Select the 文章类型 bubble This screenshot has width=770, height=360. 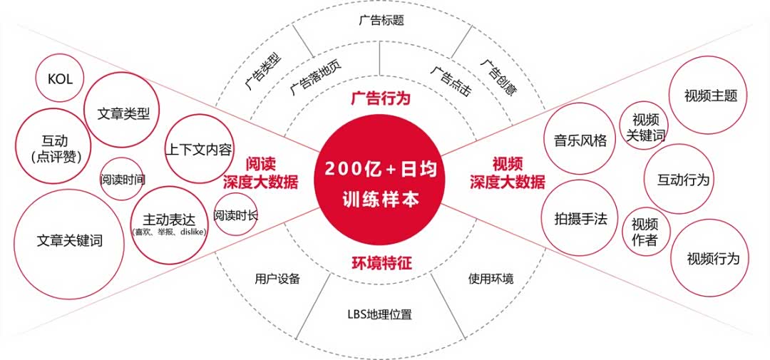(x=122, y=113)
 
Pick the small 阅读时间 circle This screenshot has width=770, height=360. (x=122, y=179)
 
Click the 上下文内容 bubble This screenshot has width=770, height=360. (x=199, y=150)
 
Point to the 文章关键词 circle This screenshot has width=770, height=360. (x=69, y=241)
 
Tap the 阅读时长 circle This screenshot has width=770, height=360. (x=235, y=215)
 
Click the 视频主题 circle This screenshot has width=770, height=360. (x=710, y=96)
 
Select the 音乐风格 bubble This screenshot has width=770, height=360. (x=580, y=140)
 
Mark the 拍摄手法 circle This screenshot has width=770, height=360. (x=580, y=219)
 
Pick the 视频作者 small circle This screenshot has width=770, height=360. (x=645, y=232)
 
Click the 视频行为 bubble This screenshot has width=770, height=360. (x=712, y=258)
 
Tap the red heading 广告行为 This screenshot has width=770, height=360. (x=381, y=98)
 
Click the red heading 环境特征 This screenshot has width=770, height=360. (x=381, y=263)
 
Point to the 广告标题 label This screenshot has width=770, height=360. (x=381, y=21)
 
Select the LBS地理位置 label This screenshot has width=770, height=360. (x=379, y=314)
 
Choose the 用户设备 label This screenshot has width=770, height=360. (x=277, y=279)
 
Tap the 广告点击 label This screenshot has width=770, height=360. (x=451, y=81)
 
